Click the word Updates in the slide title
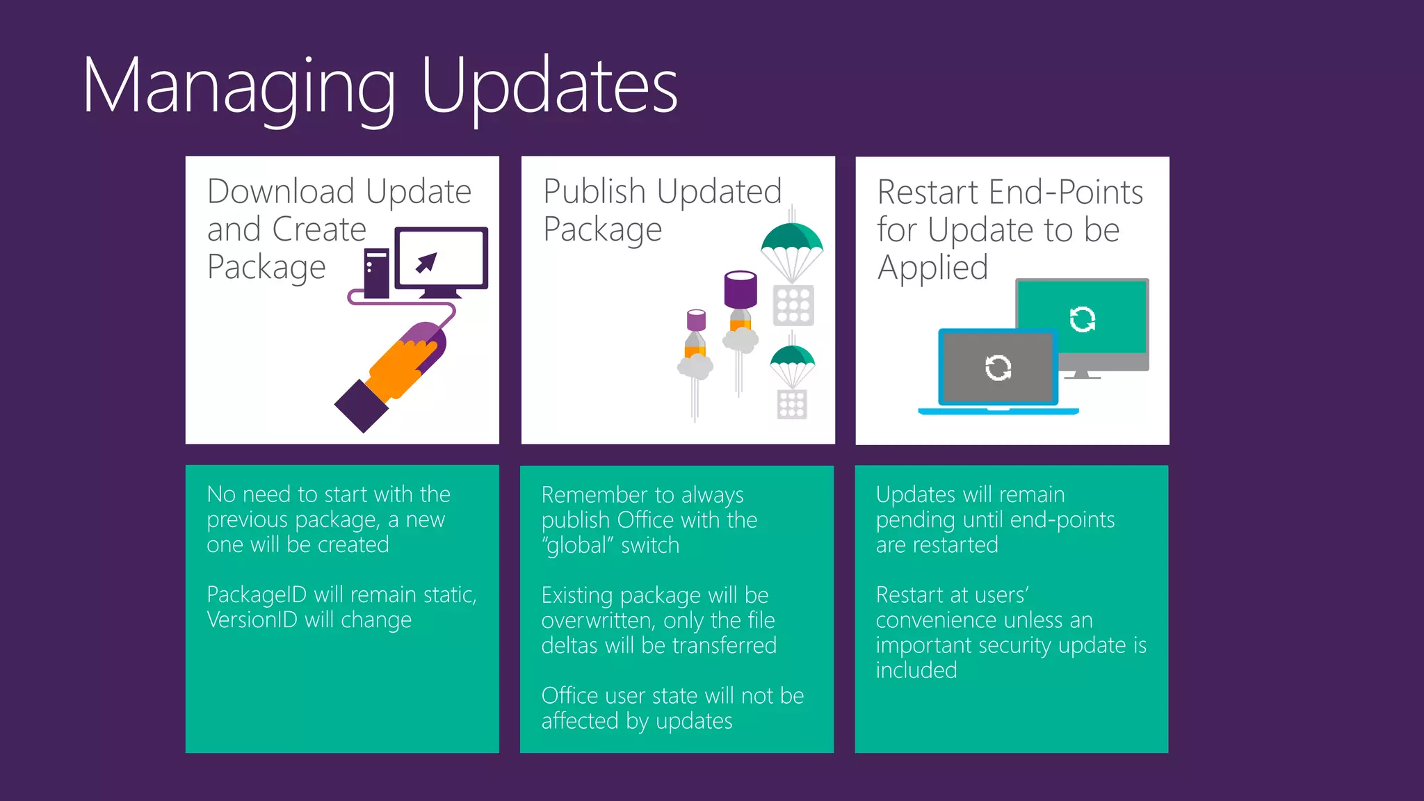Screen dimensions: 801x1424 [x=549, y=87]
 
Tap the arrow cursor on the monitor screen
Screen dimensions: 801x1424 [x=426, y=263]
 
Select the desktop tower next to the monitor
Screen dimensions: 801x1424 [x=376, y=273]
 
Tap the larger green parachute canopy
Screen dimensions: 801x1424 [x=792, y=238]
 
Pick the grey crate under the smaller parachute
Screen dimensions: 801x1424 [x=792, y=404]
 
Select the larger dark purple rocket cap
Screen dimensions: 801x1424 [x=741, y=289]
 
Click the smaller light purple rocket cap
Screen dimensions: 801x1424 [x=696, y=320]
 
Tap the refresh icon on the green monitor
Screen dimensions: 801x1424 [x=1083, y=319]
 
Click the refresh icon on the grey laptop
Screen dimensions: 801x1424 [x=998, y=368]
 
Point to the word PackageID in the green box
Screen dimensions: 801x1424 [x=257, y=595]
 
